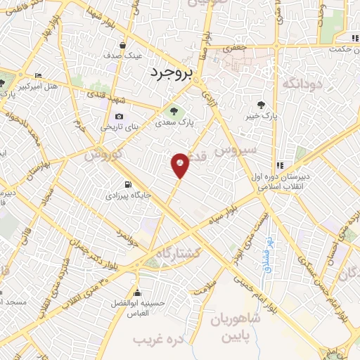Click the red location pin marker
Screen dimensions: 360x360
[180, 165]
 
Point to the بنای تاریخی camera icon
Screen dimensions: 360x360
[118, 117]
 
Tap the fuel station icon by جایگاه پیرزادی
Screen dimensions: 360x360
[127, 179]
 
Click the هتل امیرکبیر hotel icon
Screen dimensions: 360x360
[38, 76]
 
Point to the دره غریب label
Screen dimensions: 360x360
[153, 340]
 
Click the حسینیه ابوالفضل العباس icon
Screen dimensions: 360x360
[137, 294]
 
